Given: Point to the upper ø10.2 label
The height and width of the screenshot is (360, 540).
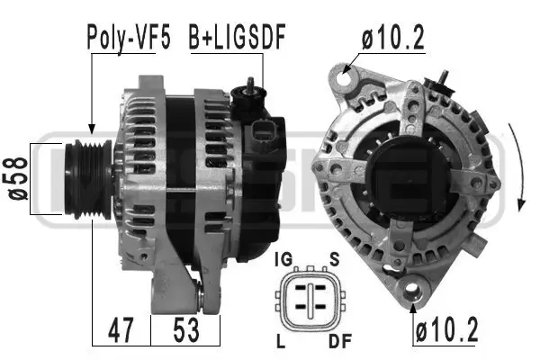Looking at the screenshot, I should pyautogui.click(x=393, y=39).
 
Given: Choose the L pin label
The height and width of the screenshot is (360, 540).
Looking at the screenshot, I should pyautogui.click(x=282, y=342).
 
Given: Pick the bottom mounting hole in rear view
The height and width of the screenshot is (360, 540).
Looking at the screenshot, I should pyautogui.click(x=414, y=291).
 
